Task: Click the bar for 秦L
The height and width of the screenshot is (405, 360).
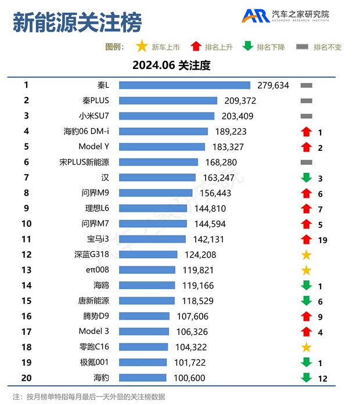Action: point(185,85)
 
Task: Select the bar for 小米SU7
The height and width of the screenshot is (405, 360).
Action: point(167,116)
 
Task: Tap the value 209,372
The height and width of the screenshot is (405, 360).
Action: point(240,101)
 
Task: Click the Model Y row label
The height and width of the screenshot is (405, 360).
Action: point(93,147)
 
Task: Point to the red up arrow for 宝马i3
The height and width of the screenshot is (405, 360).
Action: point(306,239)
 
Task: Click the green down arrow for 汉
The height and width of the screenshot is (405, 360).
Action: point(306,178)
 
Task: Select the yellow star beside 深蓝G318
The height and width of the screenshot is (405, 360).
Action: point(306,255)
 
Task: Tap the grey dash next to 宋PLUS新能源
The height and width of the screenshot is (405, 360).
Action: point(306,162)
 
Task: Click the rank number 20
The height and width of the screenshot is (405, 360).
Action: point(26,378)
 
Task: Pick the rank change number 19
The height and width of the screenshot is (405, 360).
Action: point(322,240)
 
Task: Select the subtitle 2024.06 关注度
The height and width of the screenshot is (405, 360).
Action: point(171,66)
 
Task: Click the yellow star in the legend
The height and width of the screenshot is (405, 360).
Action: point(141,46)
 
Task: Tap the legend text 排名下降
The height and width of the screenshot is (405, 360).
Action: point(271,47)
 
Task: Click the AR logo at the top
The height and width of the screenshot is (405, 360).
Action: point(255,16)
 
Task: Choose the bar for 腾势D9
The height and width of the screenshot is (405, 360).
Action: point(144,316)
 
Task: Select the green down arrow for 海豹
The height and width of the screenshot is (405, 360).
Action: point(306,378)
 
